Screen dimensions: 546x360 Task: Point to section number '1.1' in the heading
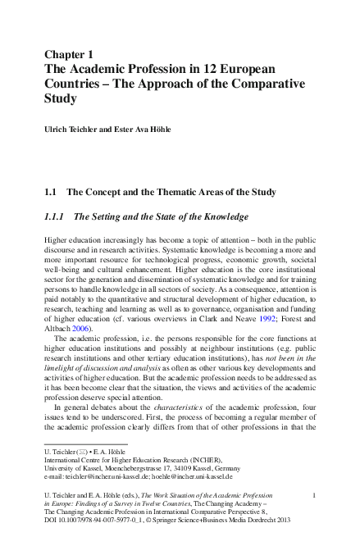50,192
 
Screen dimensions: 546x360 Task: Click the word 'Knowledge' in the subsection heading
221,217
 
